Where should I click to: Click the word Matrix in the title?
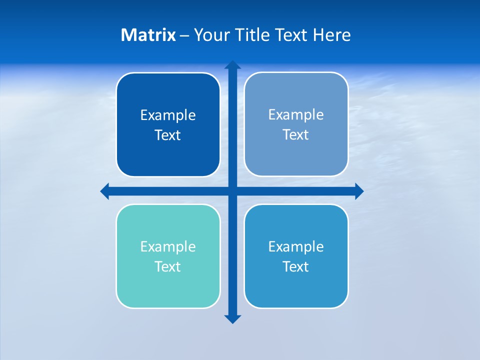pyautogui.click(x=148, y=35)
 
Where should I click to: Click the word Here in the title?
pyautogui.click(x=331, y=35)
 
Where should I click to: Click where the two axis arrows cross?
pyautogui.click(x=232, y=191)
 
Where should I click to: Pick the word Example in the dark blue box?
pyautogui.click(x=168, y=115)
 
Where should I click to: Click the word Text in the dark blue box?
pyautogui.click(x=168, y=135)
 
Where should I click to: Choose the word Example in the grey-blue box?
pyautogui.click(x=296, y=114)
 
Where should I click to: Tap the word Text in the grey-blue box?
pyautogui.click(x=296, y=134)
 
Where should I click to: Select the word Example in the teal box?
pyautogui.click(x=168, y=246)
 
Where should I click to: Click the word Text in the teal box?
pyautogui.click(x=168, y=266)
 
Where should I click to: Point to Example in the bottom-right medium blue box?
pyautogui.click(x=296, y=246)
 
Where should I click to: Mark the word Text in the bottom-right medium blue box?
pyautogui.click(x=296, y=266)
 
